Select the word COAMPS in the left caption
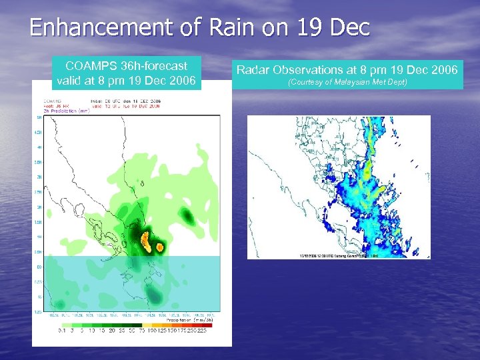[x=90, y=66]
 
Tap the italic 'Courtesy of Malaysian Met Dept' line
[x=347, y=82]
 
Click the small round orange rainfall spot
[x=161, y=247]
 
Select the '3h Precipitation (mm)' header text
[x=67, y=111]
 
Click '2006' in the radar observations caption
[x=444, y=69]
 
